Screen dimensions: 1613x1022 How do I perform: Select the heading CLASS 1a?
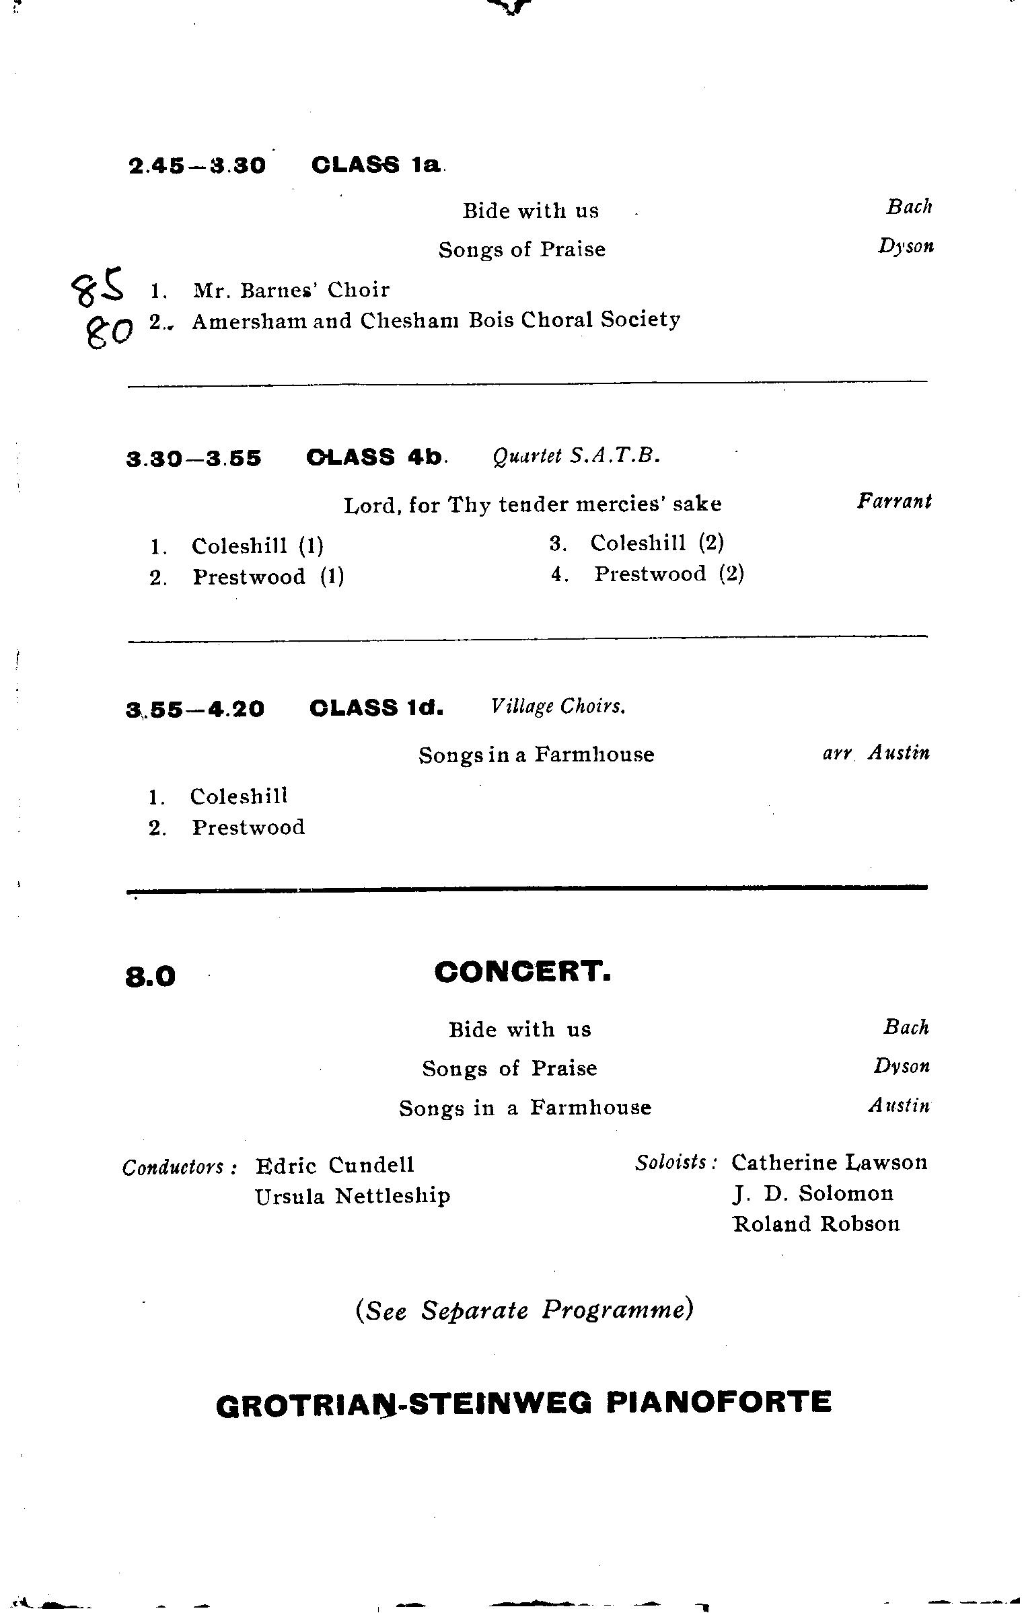point(377,165)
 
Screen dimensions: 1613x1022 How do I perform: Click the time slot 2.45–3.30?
point(197,165)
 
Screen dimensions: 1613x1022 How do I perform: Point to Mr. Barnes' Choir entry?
point(291,291)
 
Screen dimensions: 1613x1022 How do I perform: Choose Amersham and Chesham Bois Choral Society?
point(436,321)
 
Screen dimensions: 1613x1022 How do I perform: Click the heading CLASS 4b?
point(375,457)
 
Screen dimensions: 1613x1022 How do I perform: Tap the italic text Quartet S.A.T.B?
point(576,457)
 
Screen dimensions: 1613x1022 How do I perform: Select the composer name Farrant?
point(894,502)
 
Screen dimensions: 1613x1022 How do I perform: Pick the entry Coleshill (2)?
point(657,543)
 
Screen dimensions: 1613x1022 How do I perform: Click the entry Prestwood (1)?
point(268,577)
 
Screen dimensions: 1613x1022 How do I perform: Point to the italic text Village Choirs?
point(558,707)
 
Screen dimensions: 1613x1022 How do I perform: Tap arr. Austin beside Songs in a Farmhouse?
point(876,753)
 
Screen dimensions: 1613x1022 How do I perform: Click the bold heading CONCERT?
point(523,972)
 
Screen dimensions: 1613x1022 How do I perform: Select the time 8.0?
point(150,977)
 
